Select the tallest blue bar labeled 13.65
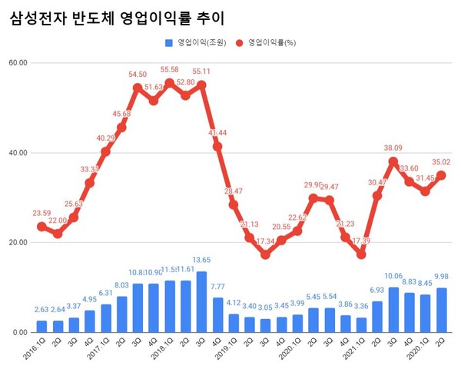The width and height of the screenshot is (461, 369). click(201, 301)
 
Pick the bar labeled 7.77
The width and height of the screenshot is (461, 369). click(217, 314)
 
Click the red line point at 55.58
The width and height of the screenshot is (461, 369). click(169, 82)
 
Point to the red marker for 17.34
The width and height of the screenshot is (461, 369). click(266, 254)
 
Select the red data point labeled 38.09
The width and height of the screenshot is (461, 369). click(394, 161)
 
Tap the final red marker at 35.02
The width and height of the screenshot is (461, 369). click(442, 175)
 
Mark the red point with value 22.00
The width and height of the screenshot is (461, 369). click(57, 234)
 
